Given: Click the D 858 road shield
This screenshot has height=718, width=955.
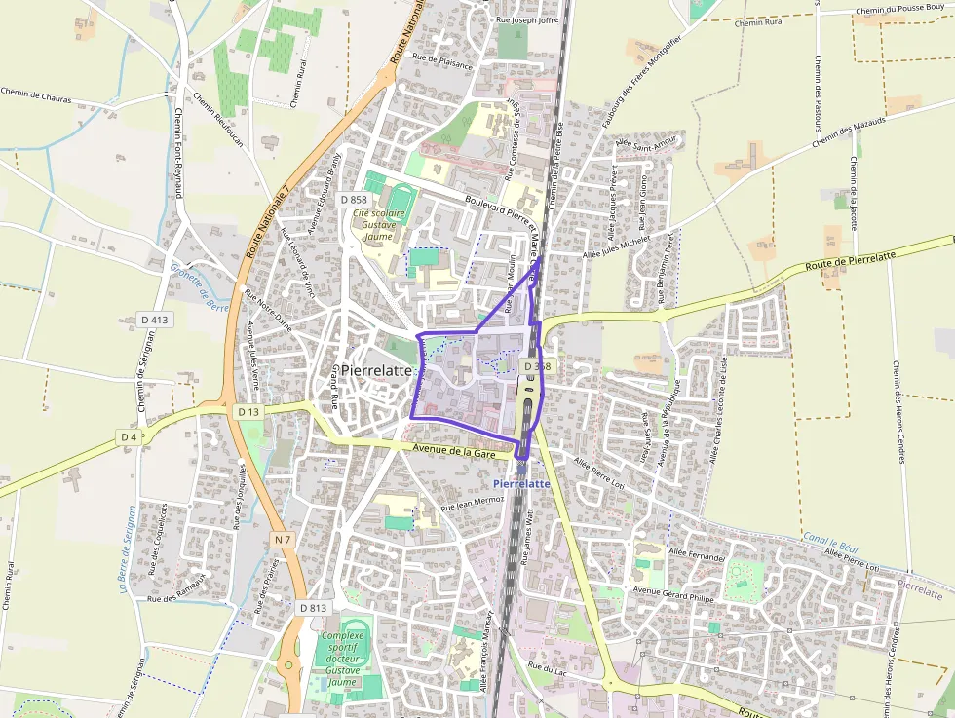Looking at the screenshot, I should coord(353,199).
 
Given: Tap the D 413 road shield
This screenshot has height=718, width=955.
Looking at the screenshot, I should coord(154,319).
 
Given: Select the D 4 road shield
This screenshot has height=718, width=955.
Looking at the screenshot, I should coord(129,437).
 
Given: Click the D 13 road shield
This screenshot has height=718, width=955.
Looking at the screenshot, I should coord(248,412).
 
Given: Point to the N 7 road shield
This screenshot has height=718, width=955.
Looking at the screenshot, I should coord(283,540).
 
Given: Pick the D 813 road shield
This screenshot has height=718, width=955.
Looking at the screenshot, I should coord(313,608).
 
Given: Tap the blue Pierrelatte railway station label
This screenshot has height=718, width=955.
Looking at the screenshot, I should coord(522,483).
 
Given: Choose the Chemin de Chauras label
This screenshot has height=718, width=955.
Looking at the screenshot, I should coord(36,95).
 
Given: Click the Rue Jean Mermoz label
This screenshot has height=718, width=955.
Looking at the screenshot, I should coord(473,504).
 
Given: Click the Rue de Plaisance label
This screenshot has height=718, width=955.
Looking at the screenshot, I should coord(442,61).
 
